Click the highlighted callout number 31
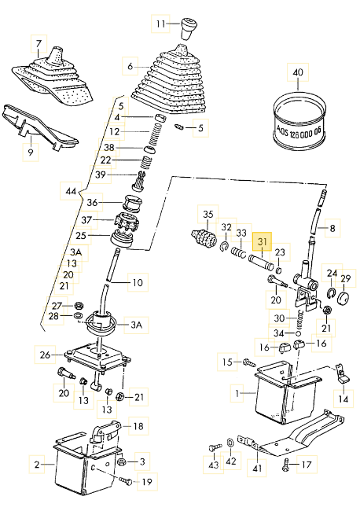263,241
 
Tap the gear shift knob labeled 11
189,29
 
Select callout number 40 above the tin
298,72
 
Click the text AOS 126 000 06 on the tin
299,131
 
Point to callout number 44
71,191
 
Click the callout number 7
39,44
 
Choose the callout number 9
31,153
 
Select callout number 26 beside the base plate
45,355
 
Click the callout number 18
138,425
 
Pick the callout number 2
37,464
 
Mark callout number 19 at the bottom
147,481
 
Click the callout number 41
257,469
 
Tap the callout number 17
307,465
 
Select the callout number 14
343,399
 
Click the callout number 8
332,228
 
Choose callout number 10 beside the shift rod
138,282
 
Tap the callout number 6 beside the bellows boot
130,66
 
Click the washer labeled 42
230,443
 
